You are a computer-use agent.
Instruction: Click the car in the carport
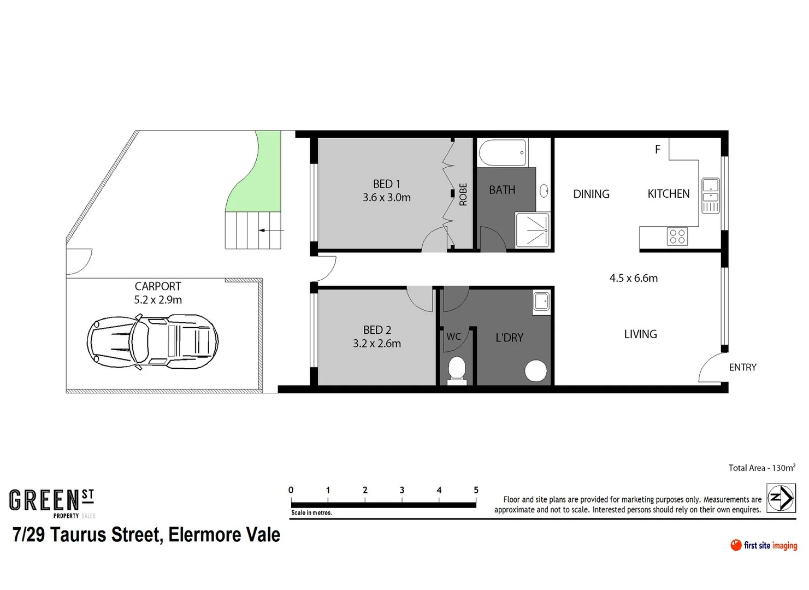tap(152, 341)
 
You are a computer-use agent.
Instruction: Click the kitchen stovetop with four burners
tap(677, 237)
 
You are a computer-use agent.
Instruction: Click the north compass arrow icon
tap(781, 498)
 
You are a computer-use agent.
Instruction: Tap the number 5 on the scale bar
tap(476, 490)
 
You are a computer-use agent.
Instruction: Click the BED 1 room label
tap(387, 184)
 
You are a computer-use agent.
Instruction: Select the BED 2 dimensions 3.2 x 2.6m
tap(377, 344)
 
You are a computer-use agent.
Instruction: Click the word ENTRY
tap(742, 368)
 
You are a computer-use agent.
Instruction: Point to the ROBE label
tap(463, 194)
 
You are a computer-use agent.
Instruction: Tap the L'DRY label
tap(509, 338)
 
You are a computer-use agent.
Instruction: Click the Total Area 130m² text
tap(761, 468)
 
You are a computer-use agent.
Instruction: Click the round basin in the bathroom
tap(544, 191)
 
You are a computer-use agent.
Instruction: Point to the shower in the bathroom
tap(532, 230)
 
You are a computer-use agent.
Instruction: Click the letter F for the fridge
tap(658, 149)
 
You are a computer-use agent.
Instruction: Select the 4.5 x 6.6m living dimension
tap(634, 278)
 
